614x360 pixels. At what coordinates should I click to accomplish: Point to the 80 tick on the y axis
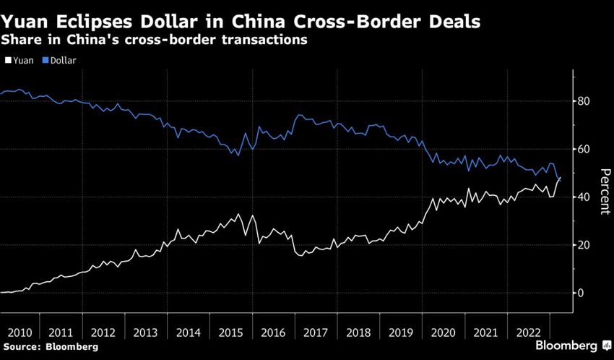coord(582,101)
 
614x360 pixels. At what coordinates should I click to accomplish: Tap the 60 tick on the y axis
coord(582,150)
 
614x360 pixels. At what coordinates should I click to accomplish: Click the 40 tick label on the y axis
coord(582,197)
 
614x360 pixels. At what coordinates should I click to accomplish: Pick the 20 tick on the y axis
coord(582,245)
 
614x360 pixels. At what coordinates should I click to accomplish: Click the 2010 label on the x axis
coord(20,333)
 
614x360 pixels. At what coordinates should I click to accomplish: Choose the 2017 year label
coord(316,333)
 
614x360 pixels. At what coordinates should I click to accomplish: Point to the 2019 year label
coord(401,333)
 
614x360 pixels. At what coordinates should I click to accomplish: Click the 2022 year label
coord(528,333)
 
